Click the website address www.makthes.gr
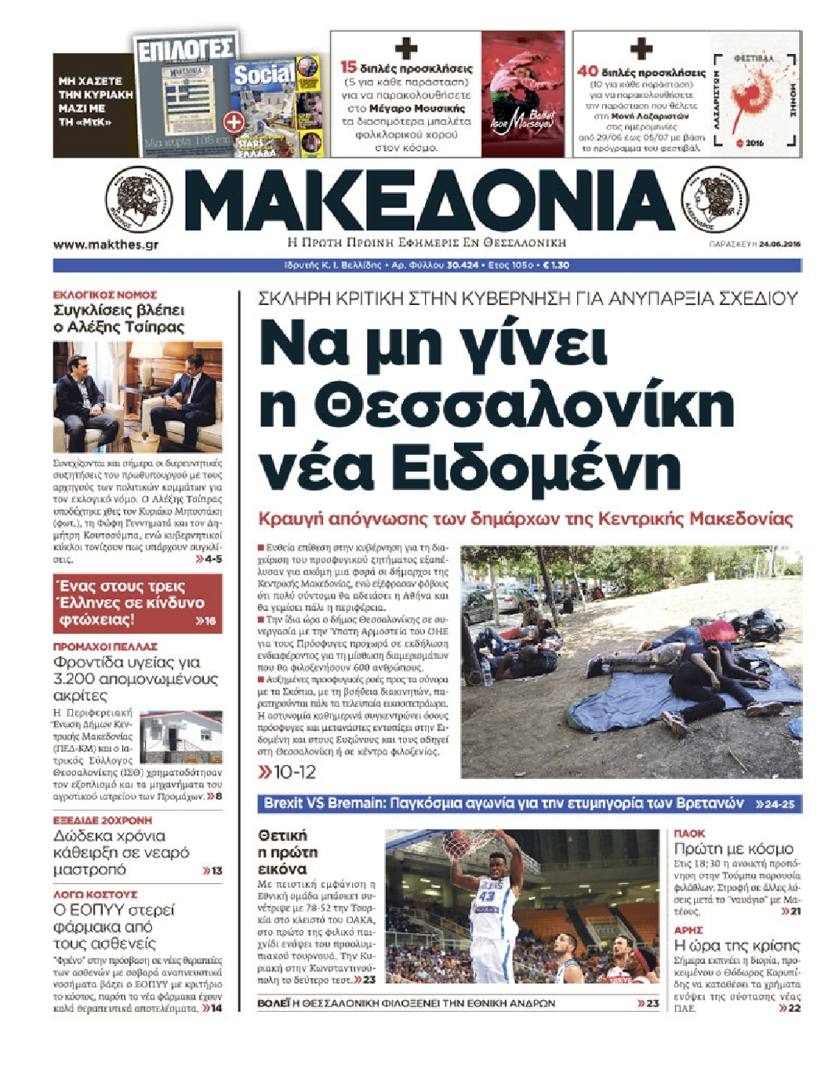(106, 245)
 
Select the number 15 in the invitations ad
(348, 67)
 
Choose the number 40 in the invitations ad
(587, 70)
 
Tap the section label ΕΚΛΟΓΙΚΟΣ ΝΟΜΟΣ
(105, 295)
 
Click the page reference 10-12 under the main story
(287, 772)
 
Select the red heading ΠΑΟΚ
(689, 834)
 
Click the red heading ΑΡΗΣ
(688, 930)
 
